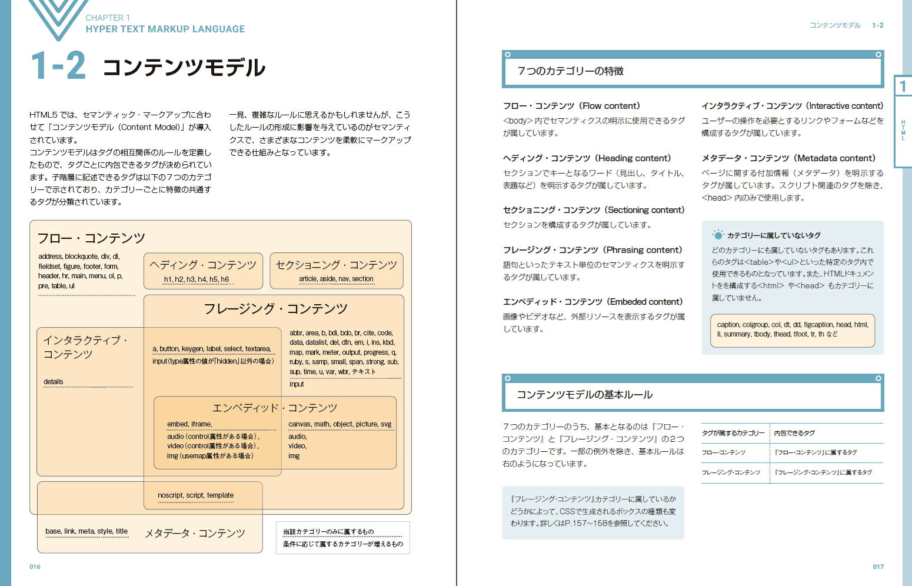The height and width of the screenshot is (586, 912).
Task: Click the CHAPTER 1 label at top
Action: click(108, 18)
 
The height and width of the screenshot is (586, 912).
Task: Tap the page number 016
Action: click(35, 567)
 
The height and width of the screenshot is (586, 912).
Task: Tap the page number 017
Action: click(878, 567)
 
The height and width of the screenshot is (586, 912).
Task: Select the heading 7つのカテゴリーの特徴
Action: click(570, 71)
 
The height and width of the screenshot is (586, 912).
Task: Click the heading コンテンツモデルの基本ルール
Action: click(584, 395)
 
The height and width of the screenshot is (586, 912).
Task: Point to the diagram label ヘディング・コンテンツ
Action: click(203, 265)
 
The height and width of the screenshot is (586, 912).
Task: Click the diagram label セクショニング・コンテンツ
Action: click(336, 265)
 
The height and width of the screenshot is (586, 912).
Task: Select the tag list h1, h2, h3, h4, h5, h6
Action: click(197, 279)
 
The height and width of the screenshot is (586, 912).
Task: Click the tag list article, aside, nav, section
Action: click(336, 279)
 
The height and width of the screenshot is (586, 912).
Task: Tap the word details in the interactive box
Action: click(53, 382)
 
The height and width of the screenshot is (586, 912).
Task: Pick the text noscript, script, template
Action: click(195, 495)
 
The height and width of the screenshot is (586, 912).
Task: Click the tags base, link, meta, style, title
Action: click(86, 531)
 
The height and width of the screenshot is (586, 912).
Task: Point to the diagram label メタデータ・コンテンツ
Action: click(195, 534)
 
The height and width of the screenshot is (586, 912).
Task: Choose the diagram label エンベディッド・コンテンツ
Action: click(275, 408)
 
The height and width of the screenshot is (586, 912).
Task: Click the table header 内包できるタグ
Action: click(794, 433)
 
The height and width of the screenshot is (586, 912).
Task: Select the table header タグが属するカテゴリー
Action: click(733, 433)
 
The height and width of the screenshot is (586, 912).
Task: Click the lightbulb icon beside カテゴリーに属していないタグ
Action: click(718, 235)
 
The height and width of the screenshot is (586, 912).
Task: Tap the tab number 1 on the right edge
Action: click(903, 87)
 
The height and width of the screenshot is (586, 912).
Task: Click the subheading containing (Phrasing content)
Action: click(593, 250)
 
